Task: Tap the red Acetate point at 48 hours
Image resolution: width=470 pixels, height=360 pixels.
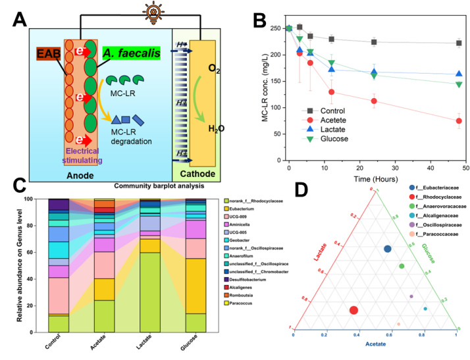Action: (459, 120)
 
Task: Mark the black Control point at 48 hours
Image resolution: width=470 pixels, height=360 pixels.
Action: (459, 43)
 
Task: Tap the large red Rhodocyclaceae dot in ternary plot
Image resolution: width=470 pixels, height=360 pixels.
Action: (354, 310)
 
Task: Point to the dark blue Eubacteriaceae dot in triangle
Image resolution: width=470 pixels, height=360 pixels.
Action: (388, 249)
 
